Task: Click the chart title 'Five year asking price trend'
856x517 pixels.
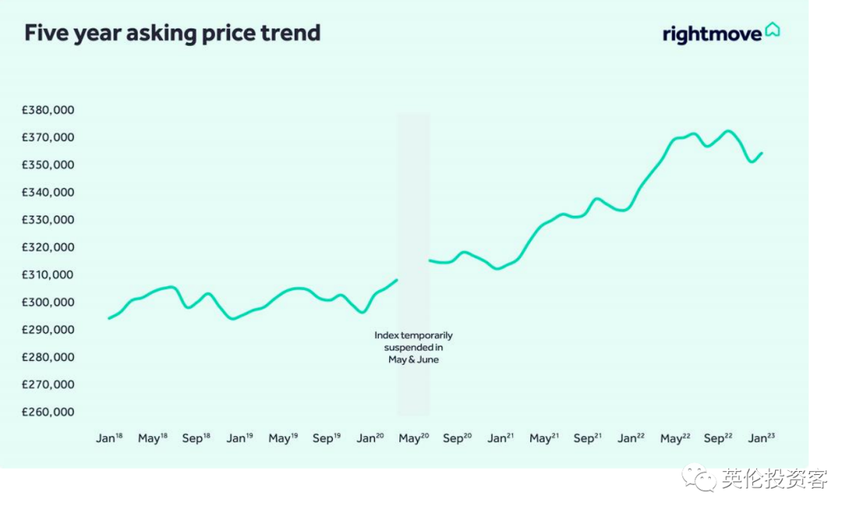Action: coord(172,33)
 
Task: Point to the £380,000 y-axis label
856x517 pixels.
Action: coord(48,110)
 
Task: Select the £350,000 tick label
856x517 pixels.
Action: coord(48,165)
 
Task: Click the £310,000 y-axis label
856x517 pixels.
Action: coord(48,275)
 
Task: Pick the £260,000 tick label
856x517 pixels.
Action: coord(48,412)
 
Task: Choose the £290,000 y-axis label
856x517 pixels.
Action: coord(48,330)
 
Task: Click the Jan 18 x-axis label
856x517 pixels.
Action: coord(109,438)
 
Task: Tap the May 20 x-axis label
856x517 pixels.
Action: coord(414,438)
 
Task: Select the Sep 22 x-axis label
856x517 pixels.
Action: coord(719,438)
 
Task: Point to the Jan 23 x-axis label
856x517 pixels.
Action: coord(762,438)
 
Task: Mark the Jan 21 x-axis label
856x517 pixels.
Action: coord(501,438)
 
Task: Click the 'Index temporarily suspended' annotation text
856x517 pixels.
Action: coord(413,347)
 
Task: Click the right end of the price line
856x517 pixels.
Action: coord(762,153)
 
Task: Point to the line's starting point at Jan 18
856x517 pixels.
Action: coord(109,318)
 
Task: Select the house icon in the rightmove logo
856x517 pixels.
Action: coord(772,29)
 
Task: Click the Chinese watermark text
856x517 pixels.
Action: coord(774,479)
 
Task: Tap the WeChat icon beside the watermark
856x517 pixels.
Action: coord(700,478)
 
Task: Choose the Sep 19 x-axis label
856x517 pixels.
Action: coord(327,438)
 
